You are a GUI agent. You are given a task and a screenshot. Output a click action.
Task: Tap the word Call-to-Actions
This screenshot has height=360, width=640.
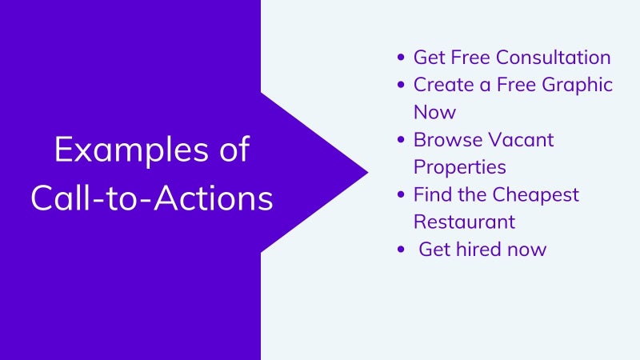(152, 198)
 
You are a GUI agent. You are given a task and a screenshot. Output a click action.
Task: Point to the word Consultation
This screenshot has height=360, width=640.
(553, 57)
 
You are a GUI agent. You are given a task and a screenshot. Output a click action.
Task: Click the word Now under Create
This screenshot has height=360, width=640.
(434, 112)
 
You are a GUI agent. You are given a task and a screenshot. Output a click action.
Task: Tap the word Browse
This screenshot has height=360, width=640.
(448, 139)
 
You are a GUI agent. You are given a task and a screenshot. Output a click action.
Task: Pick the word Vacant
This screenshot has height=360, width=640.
(521, 139)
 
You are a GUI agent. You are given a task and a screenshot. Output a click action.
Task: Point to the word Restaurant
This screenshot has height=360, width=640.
(465, 222)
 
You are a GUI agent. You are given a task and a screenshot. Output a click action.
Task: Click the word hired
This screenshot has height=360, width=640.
(478, 249)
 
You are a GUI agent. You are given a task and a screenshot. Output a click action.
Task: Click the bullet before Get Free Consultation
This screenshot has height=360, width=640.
(401, 57)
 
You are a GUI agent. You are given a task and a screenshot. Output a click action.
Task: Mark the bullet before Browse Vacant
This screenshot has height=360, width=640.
(401, 139)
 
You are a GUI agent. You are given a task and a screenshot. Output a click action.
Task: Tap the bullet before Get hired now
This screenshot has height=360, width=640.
(401, 249)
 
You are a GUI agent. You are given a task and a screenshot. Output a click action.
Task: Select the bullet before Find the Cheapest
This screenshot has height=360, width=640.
(401, 194)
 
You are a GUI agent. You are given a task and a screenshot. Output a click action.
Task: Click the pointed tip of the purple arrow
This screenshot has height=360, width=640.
(368, 172)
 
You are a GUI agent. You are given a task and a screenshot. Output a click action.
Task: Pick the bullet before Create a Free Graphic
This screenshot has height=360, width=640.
(401, 85)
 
